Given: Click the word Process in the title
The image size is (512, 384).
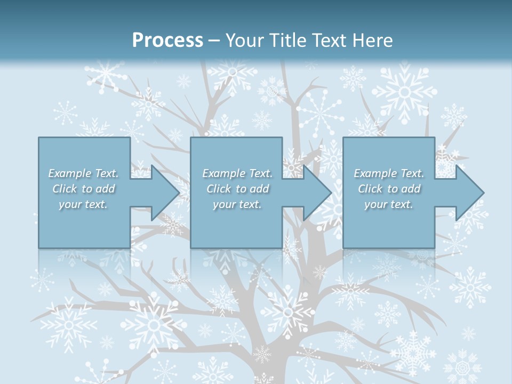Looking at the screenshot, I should click(167, 41).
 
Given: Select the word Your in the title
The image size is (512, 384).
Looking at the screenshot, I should click(243, 41).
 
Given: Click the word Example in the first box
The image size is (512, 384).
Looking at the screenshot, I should click(70, 173).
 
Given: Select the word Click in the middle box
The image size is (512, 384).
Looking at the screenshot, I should click(218, 189).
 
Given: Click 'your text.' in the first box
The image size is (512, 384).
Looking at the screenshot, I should click(83, 204).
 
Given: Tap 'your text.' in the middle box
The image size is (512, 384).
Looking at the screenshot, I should click(237, 204).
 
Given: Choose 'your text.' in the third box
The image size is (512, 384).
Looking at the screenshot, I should click(389, 204).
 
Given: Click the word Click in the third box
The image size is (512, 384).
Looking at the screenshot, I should click(370, 189).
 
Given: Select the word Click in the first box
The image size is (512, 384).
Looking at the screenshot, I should click(64, 189).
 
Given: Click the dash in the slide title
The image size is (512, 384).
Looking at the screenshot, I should click(214, 41).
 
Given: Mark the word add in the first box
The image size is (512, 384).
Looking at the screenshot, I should click(105, 189).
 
